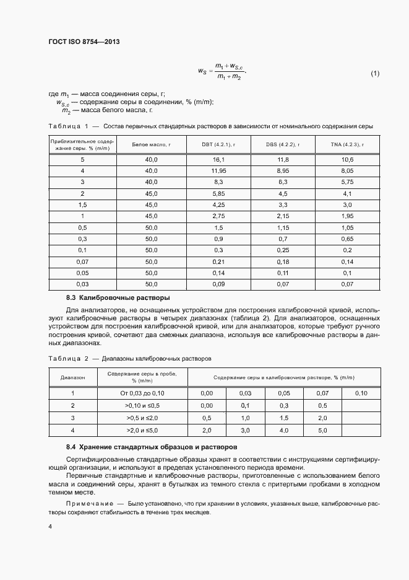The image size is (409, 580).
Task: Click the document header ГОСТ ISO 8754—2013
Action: [x=84, y=42]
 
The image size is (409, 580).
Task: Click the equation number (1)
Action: [x=375, y=74]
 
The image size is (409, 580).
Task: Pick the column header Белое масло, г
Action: [x=152, y=144]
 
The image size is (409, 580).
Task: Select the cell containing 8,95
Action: [x=282, y=170]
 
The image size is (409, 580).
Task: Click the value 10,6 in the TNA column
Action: [x=347, y=159]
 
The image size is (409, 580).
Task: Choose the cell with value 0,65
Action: [x=347, y=239]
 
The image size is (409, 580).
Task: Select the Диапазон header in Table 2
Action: [x=72, y=377]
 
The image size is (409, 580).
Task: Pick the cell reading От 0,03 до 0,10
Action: [x=143, y=393]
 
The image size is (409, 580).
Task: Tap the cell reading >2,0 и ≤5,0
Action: [x=143, y=429]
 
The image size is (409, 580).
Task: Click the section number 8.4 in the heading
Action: [x=71, y=447]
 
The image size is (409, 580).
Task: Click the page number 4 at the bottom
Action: [x=50, y=527]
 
